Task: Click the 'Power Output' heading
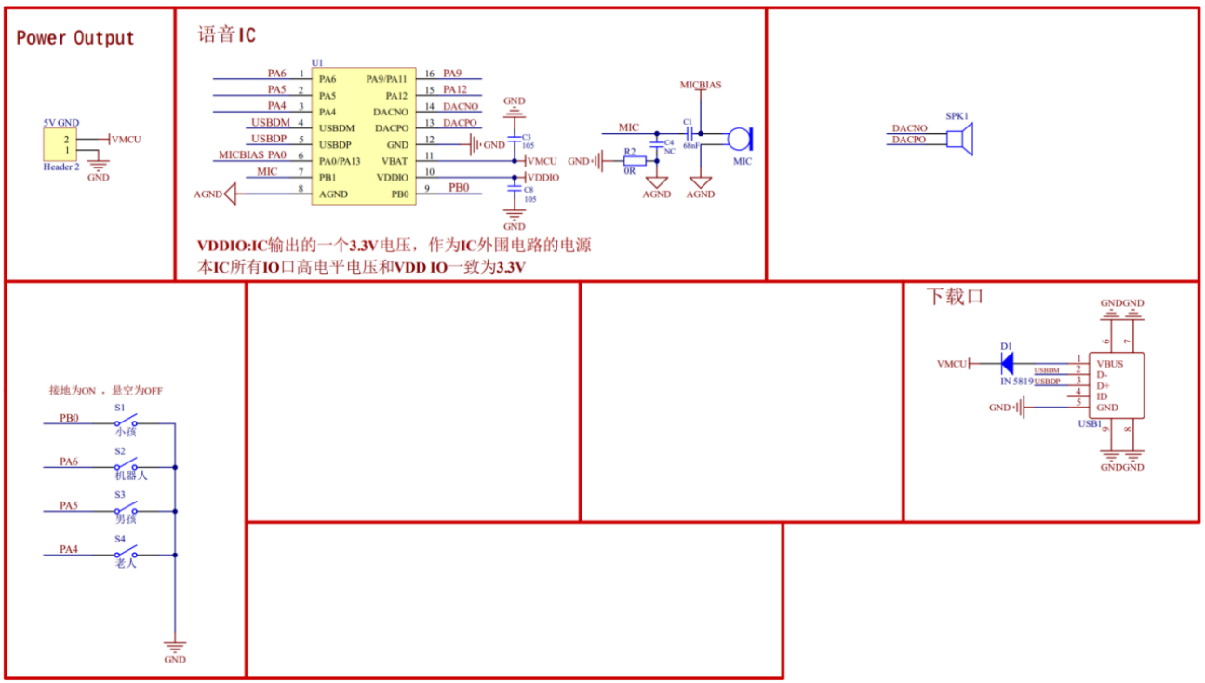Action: coord(75,38)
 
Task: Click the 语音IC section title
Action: coord(226,35)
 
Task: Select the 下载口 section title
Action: coord(954,297)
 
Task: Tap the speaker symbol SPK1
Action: coord(959,140)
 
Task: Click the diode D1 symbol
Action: coord(1005,363)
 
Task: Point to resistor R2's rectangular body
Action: coord(633,160)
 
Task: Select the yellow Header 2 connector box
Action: coord(60,145)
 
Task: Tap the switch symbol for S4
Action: coord(126,552)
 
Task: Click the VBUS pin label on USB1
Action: coord(1110,364)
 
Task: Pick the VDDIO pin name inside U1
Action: coord(392,177)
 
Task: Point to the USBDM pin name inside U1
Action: coord(337,127)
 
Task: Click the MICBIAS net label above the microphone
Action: coord(700,85)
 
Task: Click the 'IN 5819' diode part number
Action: coord(1016,382)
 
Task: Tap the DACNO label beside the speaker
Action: coord(909,128)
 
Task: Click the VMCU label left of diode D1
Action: coord(952,364)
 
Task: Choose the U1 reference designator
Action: coord(317,61)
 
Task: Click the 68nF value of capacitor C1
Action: coord(690,145)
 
